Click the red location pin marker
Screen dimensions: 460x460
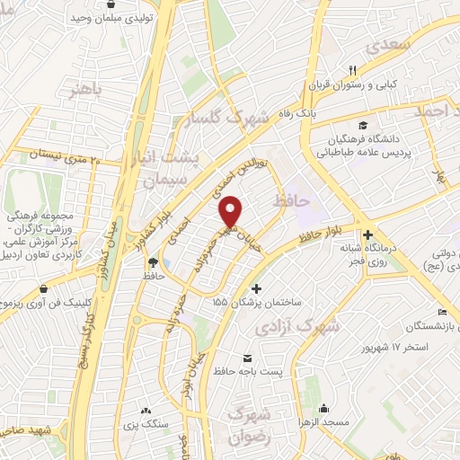232,210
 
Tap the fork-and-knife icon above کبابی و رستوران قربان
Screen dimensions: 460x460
353,70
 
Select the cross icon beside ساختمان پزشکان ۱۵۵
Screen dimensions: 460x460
258,289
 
